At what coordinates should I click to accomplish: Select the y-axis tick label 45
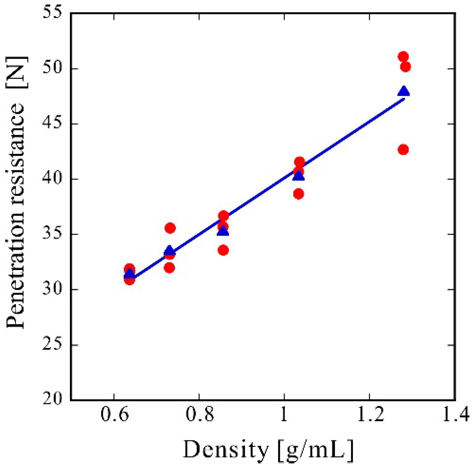[52, 123]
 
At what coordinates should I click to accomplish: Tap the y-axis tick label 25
[52, 344]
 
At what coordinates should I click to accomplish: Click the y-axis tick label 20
[52, 399]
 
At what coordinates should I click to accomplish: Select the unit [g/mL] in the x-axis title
[316, 450]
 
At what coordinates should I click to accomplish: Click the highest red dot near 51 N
[403, 56]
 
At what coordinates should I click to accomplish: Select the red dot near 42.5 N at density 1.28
[403, 150]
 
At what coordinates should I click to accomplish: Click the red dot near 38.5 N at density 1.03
[298, 194]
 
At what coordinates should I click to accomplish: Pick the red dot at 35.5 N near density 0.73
[170, 228]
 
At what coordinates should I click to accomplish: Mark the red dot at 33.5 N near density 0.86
[223, 250]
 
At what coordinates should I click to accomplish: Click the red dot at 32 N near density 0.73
[169, 268]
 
